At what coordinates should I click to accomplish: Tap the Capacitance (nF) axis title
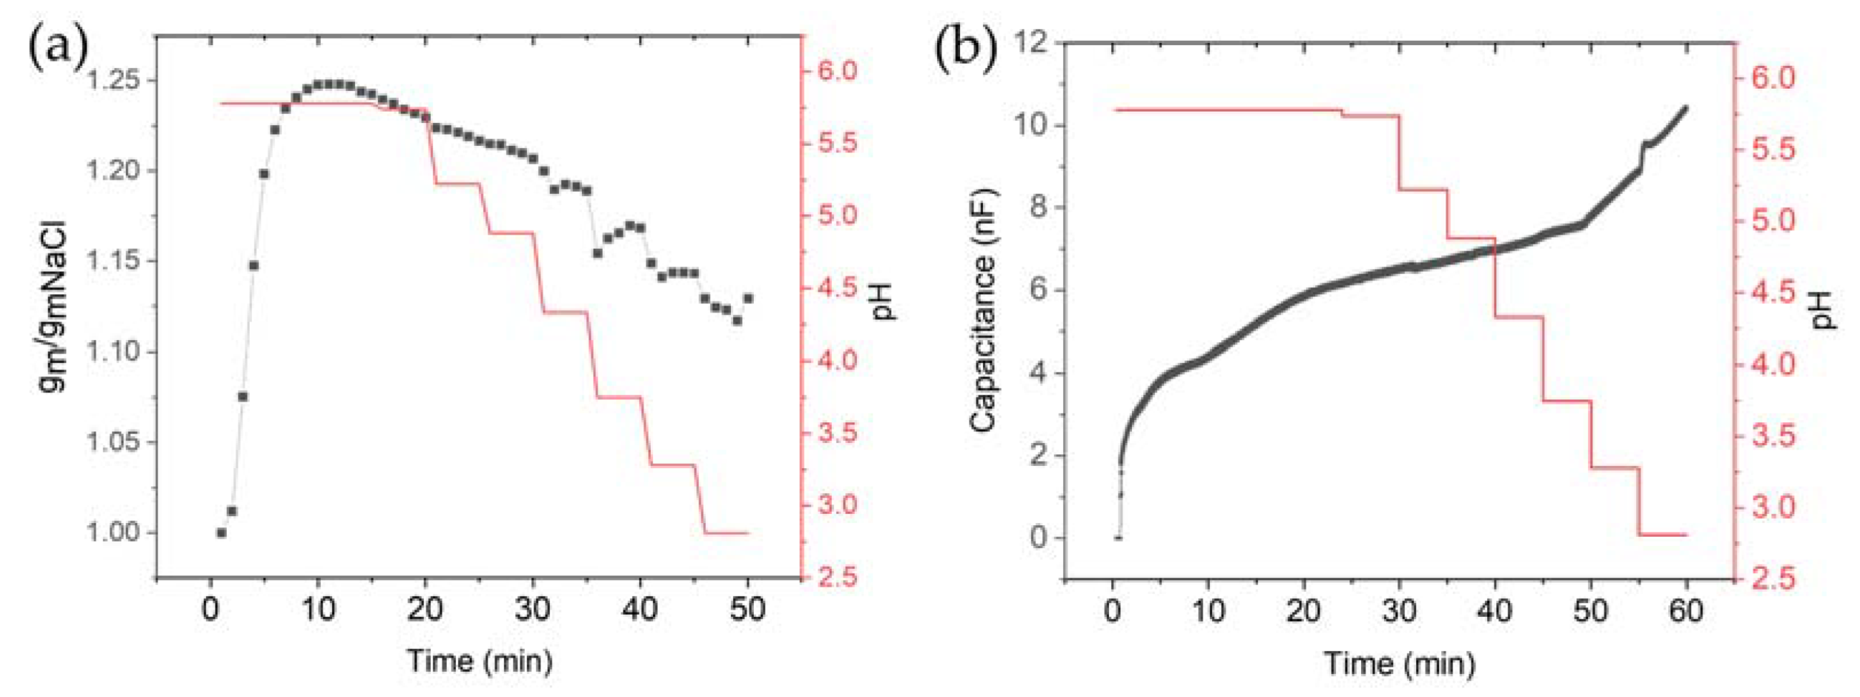pyautogui.click(x=983, y=311)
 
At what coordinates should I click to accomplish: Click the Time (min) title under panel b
pyautogui.click(x=1400, y=663)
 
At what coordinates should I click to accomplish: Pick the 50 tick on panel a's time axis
pyautogui.click(x=747, y=610)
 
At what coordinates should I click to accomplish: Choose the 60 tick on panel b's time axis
pyautogui.click(x=1687, y=612)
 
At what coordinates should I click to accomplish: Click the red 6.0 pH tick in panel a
pyautogui.click(x=837, y=71)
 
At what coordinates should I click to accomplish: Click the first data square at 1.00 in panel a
pyautogui.click(x=221, y=532)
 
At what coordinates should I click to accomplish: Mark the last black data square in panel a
pyautogui.click(x=748, y=298)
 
